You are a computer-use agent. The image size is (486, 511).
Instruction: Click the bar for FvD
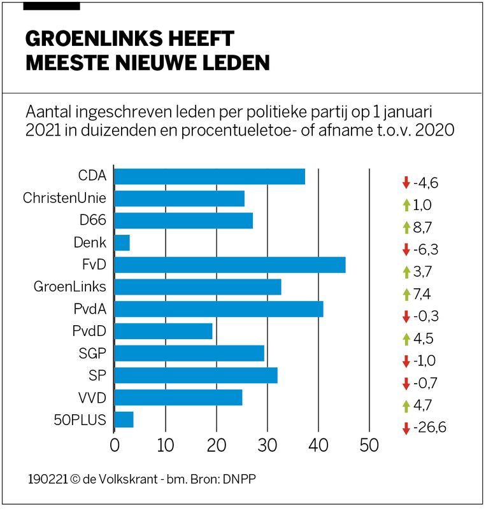229,265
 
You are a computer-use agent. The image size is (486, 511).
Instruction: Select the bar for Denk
122,243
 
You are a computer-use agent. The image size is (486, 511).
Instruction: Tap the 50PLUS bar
124,419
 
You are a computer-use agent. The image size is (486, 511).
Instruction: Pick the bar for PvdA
218,309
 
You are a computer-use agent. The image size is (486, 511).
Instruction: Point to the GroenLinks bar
197,288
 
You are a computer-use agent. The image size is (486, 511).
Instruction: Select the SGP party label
92,353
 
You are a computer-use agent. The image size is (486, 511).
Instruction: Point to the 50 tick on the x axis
369,445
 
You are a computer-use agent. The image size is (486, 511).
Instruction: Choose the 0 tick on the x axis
115,445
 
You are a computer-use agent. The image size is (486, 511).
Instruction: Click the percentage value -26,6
429,428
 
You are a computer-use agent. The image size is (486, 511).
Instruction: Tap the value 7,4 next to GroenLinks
422,294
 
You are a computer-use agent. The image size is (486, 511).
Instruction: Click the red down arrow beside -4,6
406,183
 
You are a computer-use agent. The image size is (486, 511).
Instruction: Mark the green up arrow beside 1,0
406,205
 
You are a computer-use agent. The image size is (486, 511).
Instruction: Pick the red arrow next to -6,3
406,249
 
